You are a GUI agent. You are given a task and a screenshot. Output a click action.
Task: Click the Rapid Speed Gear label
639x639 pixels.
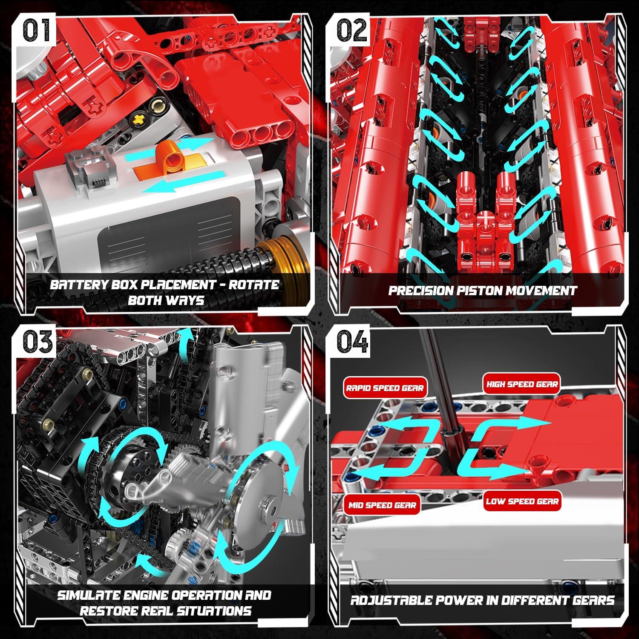pos(385,388)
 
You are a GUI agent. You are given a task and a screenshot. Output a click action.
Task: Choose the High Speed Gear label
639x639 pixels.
pos(522,384)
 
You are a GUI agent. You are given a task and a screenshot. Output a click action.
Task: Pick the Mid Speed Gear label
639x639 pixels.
pos(382,505)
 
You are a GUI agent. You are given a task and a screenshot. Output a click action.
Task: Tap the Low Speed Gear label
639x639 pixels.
pos(522,501)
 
